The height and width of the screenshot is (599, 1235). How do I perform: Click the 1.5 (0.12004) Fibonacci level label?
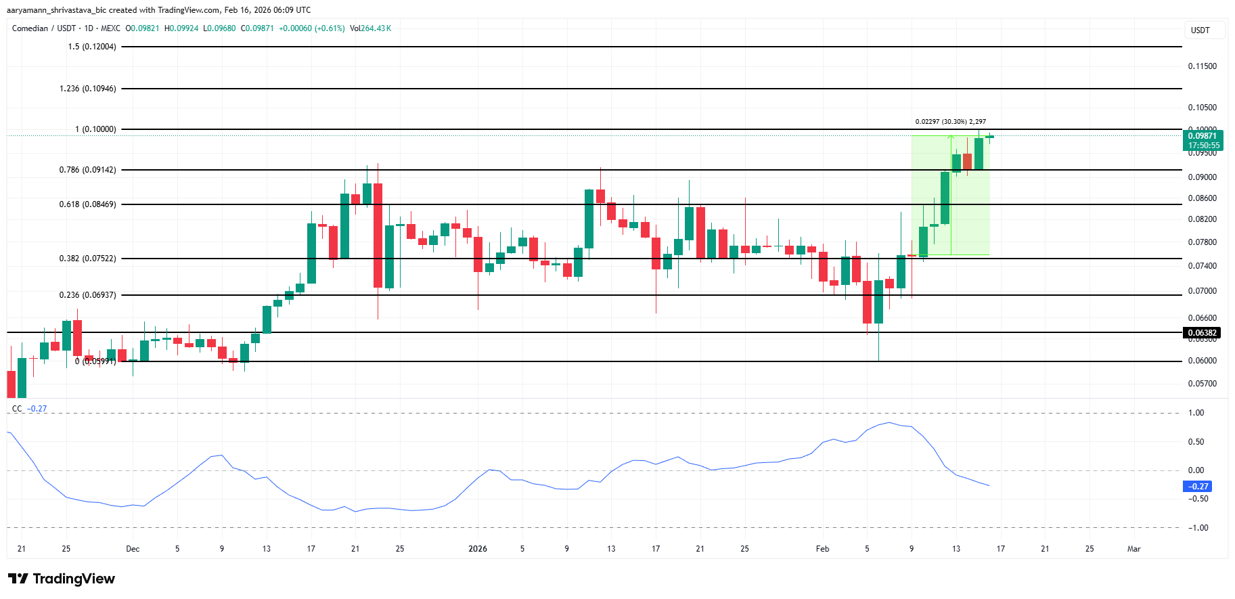pyautogui.click(x=92, y=47)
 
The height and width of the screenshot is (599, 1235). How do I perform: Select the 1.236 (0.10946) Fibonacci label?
pyautogui.click(x=88, y=89)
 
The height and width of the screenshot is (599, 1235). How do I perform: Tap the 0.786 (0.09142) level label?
pyautogui.click(x=88, y=170)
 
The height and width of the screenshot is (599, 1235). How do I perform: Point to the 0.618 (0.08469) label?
pyautogui.click(x=88, y=204)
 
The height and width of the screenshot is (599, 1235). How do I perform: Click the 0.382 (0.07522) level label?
pyautogui.click(x=88, y=259)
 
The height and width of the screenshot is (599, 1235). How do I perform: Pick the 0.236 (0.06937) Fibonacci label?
pyautogui.click(x=88, y=295)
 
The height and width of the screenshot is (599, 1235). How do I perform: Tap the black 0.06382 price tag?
pyautogui.click(x=1203, y=333)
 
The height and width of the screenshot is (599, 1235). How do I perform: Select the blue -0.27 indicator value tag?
pyautogui.click(x=1198, y=487)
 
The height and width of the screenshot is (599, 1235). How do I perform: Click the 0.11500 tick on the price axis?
pyautogui.click(x=1202, y=66)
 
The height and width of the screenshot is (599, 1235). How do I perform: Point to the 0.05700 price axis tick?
pyautogui.click(x=1202, y=384)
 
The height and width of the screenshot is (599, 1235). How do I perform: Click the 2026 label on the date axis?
pyautogui.click(x=478, y=549)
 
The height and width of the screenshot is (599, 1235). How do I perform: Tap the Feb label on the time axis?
pyautogui.click(x=822, y=549)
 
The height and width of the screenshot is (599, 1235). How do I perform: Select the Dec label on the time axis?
pyautogui.click(x=133, y=549)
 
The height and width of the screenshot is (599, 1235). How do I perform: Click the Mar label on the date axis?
pyautogui.click(x=1133, y=549)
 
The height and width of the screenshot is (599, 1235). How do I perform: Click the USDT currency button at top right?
pyautogui.click(x=1200, y=30)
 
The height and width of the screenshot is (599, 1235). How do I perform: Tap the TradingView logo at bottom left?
pyautogui.click(x=62, y=579)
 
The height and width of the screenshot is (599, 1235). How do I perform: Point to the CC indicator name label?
pyautogui.click(x=17, y=409)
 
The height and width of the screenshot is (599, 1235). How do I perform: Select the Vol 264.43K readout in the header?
pyautogui.click(x=370, y=28)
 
